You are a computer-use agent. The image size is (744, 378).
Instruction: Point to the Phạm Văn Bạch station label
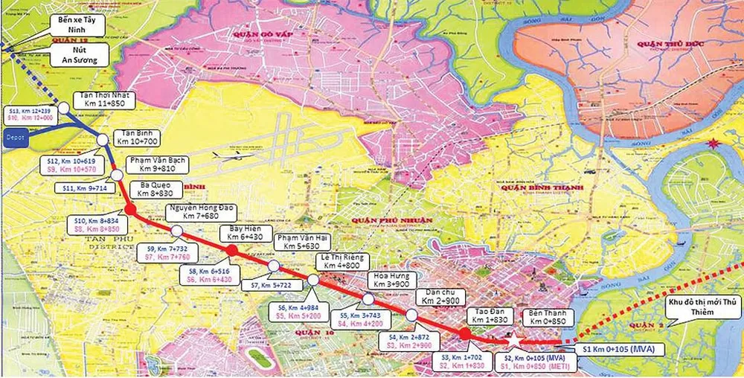[x=158, y=164]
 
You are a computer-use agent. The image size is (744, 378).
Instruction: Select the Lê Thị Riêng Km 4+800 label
[x=341, y=261]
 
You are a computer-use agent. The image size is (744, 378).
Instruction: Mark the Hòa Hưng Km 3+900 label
[x=391, y=281]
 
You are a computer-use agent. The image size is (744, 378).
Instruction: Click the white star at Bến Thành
[x=513, y=340]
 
